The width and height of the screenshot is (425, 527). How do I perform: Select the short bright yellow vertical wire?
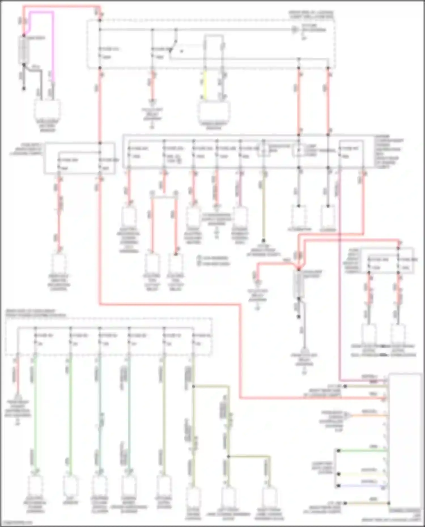tap(205, 85)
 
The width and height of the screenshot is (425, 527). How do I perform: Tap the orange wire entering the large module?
tap(368, 415)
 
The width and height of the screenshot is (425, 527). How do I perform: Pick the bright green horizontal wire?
tap(363, 450)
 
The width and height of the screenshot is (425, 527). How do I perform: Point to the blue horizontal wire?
tap(363, 486)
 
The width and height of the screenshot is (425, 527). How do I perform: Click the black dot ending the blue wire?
tap(339, 486)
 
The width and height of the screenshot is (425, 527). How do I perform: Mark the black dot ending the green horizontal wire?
tap(339, 450)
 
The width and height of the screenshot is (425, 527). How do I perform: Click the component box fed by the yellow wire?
tap(214, 112)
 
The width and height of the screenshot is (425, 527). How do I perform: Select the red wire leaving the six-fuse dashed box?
tap(18, 377)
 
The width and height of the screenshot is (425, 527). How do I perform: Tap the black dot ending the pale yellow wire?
tap(339, 473)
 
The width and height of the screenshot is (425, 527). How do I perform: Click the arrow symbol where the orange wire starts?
tap(347, 415)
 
